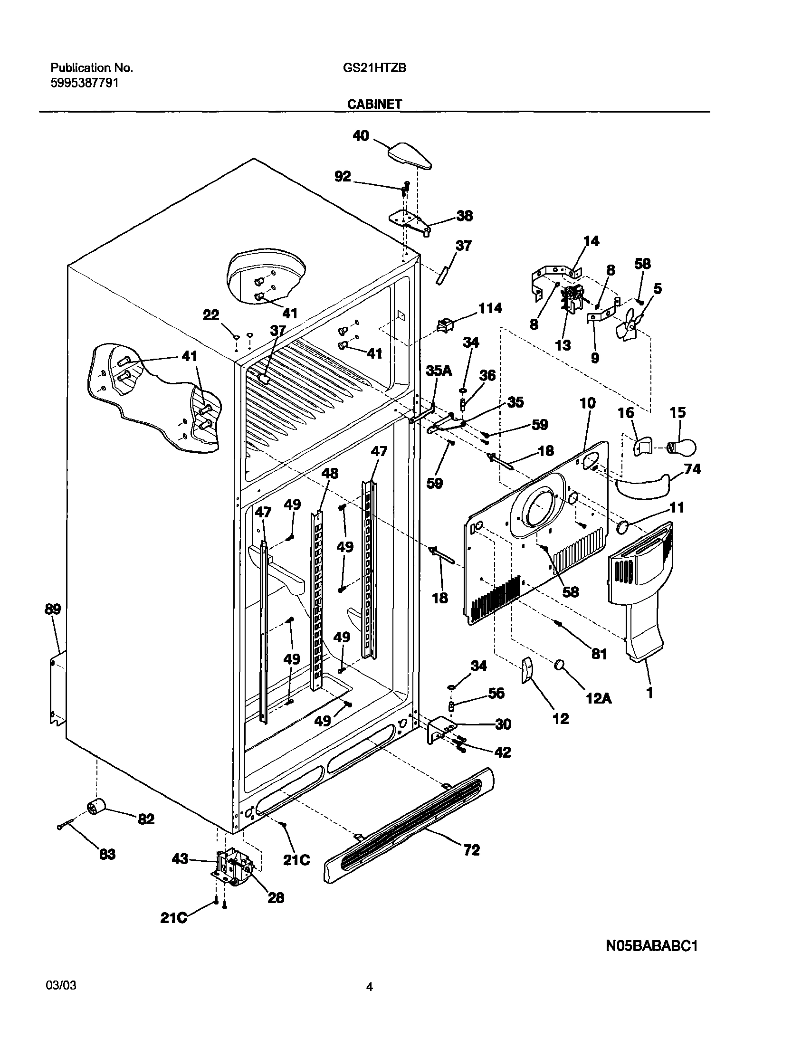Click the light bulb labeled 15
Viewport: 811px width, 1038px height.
(683, 447)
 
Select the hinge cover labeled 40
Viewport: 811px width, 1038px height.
(411, 155)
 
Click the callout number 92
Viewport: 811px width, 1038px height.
(342, 176)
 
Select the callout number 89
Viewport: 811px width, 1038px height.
(53, 609)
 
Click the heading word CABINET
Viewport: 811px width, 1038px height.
(374, 104)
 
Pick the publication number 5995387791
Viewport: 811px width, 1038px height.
(85, 83)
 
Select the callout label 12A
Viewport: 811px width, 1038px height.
(599, 698)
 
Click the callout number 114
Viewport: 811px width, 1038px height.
(490, 308)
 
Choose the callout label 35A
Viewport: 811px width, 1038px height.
(439, 371)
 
